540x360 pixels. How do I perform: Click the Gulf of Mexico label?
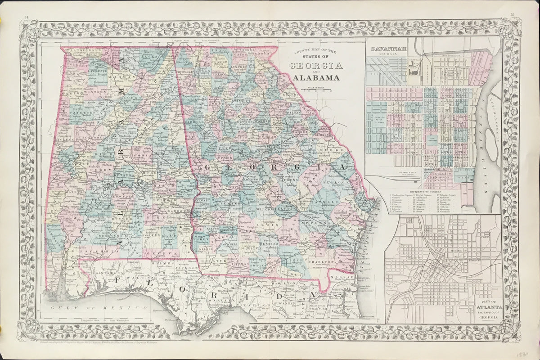(99, 307)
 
